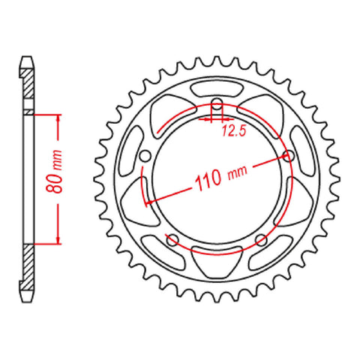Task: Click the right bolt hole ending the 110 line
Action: coord(289,156)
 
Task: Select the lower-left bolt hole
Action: coord(171,239)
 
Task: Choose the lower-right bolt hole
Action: coord(261,239)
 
